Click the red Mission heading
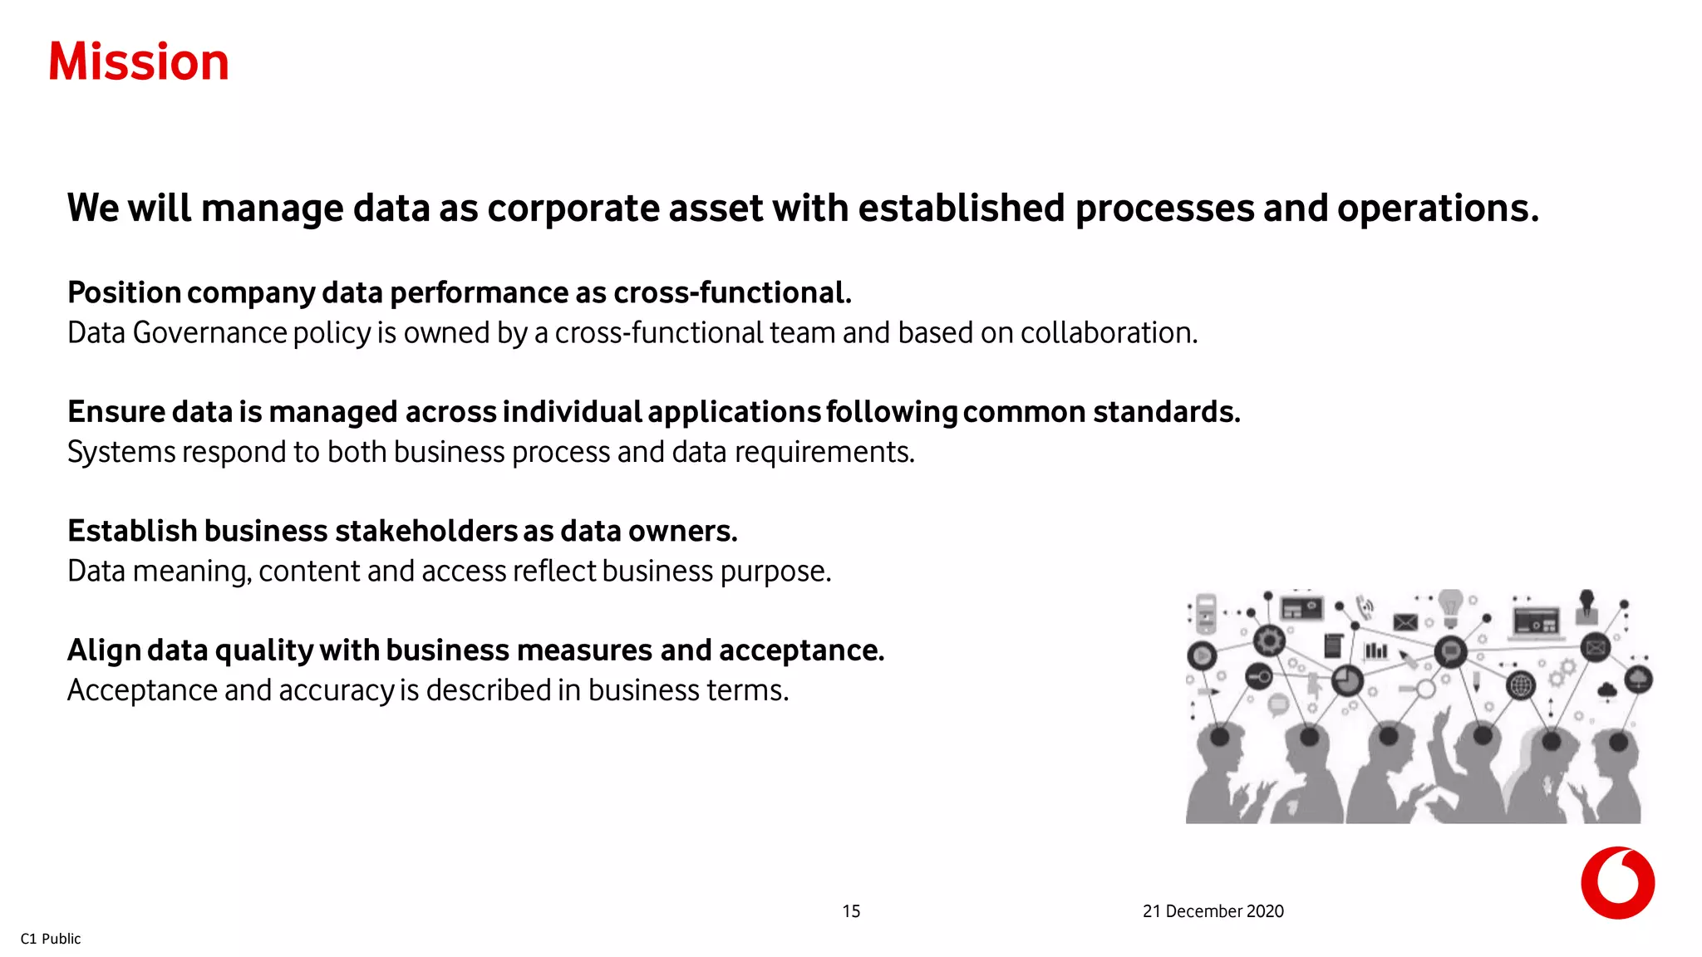pyautogui.click(x=139, y=62)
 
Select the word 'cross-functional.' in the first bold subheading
pyautogui.click(x=732, y=292)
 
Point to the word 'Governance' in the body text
pyautogui.click(x=209, y=333)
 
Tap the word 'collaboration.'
pyautogui.click(x=1109, y=333)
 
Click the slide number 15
pyautogui.click(x=851, y=911)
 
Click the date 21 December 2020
pyautogui.click(x=1213, y=911)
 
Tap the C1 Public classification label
pyautogui.click(x=51, y=939)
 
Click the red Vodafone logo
pyautogui.click(x=1617, y=883)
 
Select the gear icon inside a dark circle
pyautogui.click(x=1269, y=640)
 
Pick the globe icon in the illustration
pyautogui.click(x=1520, y=686)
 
